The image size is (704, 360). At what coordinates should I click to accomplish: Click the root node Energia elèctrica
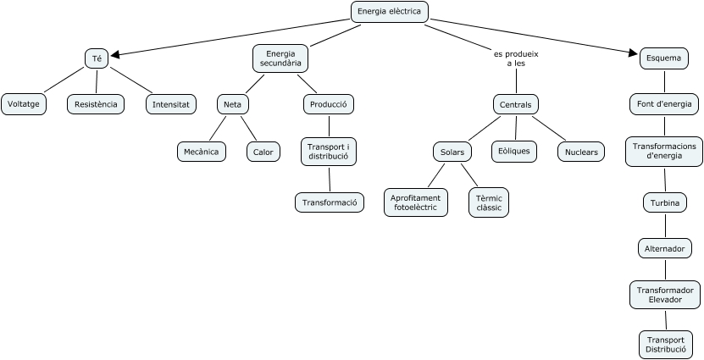(389, 12)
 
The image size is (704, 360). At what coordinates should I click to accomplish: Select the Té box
(96, 58)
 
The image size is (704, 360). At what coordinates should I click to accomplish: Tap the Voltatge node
(24, 104)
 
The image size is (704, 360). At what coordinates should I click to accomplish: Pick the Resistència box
(96, 104)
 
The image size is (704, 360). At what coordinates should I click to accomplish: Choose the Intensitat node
(170, 104)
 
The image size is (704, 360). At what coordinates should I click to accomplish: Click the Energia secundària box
(280, 58)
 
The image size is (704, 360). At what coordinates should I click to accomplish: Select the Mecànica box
(202, 152)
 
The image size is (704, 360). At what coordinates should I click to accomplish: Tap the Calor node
(263, 152)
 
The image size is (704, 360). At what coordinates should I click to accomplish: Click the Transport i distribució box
(329, 152)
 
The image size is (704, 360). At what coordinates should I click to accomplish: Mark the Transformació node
(330, 202)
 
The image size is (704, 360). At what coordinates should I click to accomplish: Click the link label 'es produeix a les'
(516, 58)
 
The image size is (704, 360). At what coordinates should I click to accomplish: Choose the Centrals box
(516, 104)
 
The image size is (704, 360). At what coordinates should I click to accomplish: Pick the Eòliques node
(513, 151)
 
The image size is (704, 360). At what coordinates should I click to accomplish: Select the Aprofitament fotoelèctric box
(416, 202)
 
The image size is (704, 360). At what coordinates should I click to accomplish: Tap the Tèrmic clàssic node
(489, 202)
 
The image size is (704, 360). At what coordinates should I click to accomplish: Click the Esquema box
(662, 58)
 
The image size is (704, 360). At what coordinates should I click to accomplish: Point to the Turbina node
(664, 203)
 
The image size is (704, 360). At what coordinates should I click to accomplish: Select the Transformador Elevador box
(665, 294)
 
